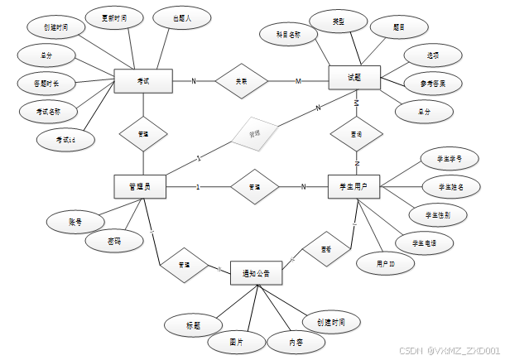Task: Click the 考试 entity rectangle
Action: pyautogui.click(x=142, y=80)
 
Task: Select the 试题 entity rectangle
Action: pyautogui.click(x=353, y=78)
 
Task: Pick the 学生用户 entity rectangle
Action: pyautogui.click(x=353, y=187)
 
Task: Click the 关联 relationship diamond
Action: pyautogui.click(x=241, y=80)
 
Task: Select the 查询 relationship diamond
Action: pyautogui.click(x=356, y=132)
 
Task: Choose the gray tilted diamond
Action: pyautogui.click(x=254, y=132)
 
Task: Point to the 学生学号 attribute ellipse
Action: pyautogui.click(x=444, y=157)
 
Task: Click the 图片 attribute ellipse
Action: pyautogui.click(x=236, y=340)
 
